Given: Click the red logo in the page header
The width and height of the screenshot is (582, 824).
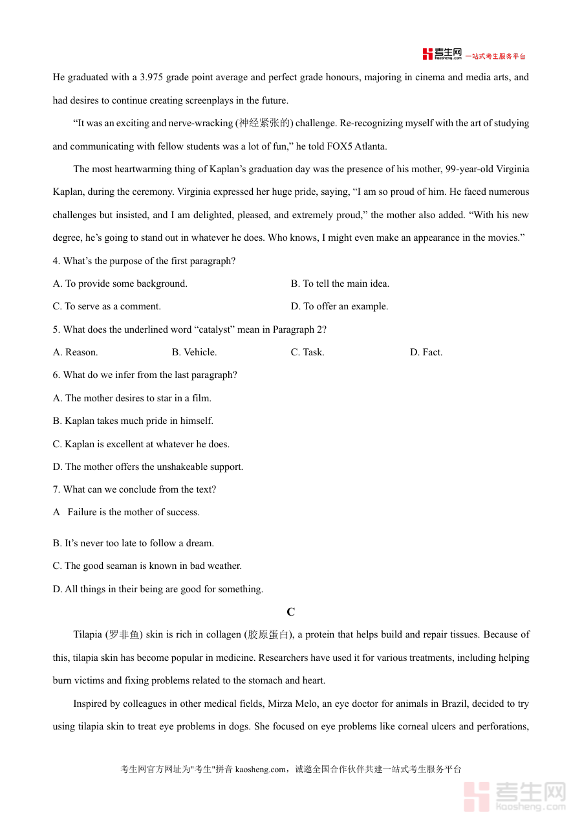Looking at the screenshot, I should point(442,54).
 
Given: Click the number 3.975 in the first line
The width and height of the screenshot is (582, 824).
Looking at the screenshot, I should point(151,78).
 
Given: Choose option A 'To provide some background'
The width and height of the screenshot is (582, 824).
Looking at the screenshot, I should point(120,284).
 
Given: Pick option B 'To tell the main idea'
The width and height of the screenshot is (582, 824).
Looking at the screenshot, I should point(340,284).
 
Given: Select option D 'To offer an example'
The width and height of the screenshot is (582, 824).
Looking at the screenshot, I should point(339,306).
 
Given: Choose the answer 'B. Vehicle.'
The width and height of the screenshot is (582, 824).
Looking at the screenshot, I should point(194,352).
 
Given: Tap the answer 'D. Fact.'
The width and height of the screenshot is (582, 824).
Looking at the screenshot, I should point(426,352).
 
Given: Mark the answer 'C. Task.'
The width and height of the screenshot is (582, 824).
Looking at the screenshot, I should point(307,352).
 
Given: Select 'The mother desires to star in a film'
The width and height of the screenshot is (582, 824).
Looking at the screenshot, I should point(132,398).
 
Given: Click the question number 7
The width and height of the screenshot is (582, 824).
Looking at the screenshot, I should point(56,489).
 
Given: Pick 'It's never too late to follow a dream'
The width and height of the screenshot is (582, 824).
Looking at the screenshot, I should point(133,543).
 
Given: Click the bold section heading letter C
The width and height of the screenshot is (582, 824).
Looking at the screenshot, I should point(291,612).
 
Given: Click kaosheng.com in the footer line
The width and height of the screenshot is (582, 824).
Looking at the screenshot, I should point(260,770).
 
